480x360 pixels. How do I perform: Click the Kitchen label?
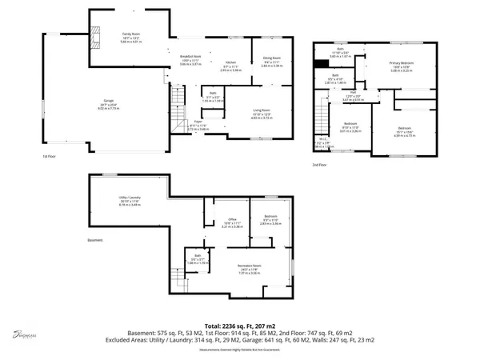coord(230,62)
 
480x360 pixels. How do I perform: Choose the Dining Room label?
coord(272,58)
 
